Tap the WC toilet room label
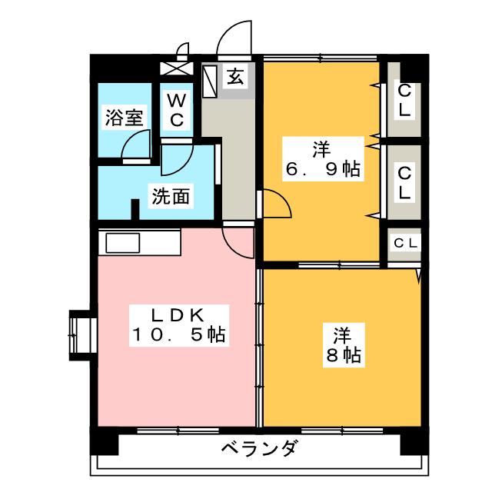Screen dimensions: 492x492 (177, 109)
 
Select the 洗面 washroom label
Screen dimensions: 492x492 (169, 196)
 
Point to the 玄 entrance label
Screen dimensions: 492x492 (236, 77)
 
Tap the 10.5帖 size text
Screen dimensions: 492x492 (178, 335)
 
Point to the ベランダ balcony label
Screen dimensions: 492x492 (258, 449)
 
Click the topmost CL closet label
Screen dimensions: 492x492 (404, 100)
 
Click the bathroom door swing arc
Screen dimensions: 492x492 (137, 145)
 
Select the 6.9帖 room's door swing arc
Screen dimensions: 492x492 (277, 204)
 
